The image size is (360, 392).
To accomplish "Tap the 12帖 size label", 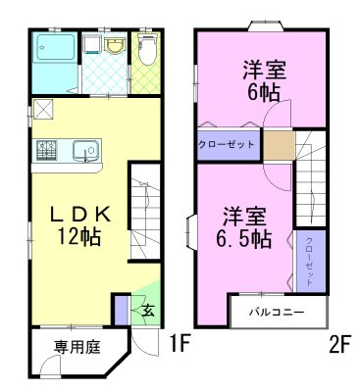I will pyautogui.click(x=74, y=238).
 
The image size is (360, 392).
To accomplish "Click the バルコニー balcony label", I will pyautogui.click(x=275, y=313).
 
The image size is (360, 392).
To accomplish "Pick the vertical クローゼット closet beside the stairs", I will pyautogui.click(x=308, y=259).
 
